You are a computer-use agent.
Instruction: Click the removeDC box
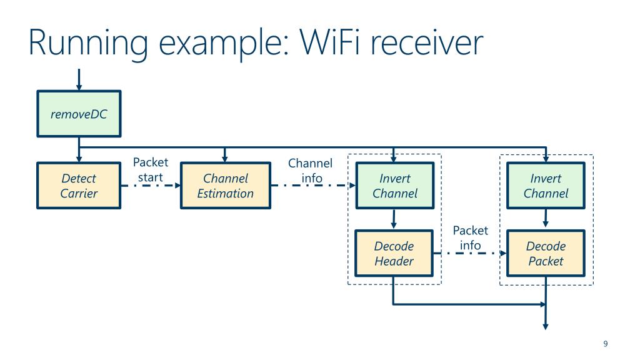coord(79,114)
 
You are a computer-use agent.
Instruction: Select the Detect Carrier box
coord(79,186)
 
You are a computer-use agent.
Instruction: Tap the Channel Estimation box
coord(226,186)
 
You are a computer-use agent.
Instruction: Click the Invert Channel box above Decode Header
coord(395,186)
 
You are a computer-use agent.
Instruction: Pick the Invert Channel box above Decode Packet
coord(546,186)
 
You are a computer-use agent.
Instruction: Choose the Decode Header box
coord(394,254)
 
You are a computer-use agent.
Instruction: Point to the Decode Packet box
coord(546,254)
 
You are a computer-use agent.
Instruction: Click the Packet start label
coord(151,170)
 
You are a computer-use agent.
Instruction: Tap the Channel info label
coord(311,171)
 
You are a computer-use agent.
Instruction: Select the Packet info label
coord(471,237)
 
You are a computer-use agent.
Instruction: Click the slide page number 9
coord(605,344)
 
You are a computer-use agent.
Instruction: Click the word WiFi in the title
coord(330,42)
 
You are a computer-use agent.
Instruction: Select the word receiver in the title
coord(426,43)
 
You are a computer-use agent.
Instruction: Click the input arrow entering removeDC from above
coord(79,79)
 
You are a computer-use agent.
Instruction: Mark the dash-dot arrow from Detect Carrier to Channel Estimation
coord(151,186)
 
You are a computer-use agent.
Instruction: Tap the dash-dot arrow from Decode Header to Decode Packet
coord(470,254)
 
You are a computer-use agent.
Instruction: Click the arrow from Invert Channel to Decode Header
coord(394,219)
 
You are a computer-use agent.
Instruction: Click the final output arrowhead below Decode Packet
coord(546,326)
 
